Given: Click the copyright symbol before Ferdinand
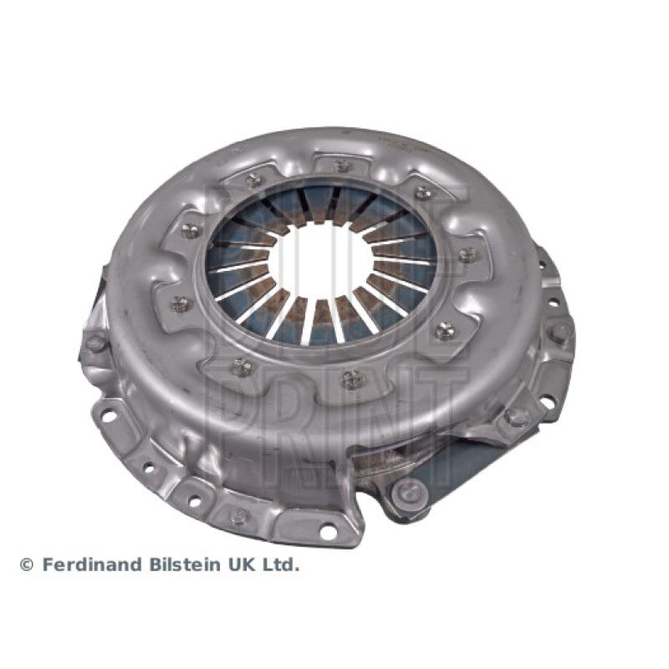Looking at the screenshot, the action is pyautogui.click(x=27, y=565).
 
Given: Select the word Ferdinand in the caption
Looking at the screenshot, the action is pyautogui.click(x=93, y=564).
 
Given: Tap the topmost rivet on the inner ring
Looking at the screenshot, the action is pyautogui.click(x=342, y=166).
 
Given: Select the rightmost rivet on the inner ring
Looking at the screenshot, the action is pyautogui.click(x=468, y=255).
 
